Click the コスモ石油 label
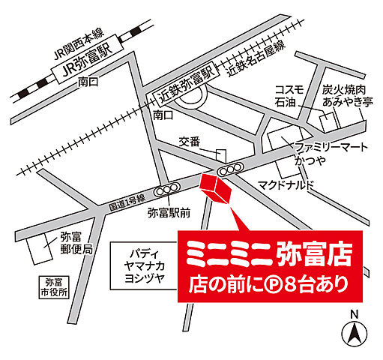289,94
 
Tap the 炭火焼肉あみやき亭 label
344,94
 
